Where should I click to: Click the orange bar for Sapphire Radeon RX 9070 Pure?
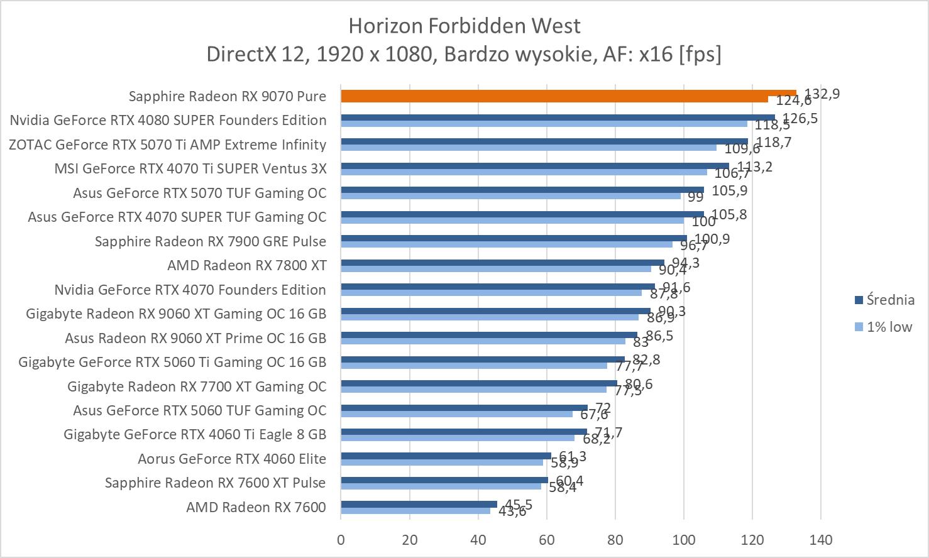tap(566, 94)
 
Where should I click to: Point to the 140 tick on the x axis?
tap(821, 540)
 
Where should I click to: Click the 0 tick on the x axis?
tap(341, 540)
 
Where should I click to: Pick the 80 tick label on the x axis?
tap(615, 540)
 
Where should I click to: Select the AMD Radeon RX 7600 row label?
tap(256, 507)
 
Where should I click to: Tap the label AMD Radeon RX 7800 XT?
tap(246, 265)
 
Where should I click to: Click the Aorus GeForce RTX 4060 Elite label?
tap(232, 459)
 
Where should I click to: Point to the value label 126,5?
tap(800, 118)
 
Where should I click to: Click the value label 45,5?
tap(519, 505)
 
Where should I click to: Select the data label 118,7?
tap(774, 143)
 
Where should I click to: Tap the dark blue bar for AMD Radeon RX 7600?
tap(419, 504)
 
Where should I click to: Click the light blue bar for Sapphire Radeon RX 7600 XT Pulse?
tap(440, 486)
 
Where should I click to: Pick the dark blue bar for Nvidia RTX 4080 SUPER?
tap(557, 117)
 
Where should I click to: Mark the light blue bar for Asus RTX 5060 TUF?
tap(456, 413)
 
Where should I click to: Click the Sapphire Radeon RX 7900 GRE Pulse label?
tap(211, 241)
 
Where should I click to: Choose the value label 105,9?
tap(730, 190)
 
